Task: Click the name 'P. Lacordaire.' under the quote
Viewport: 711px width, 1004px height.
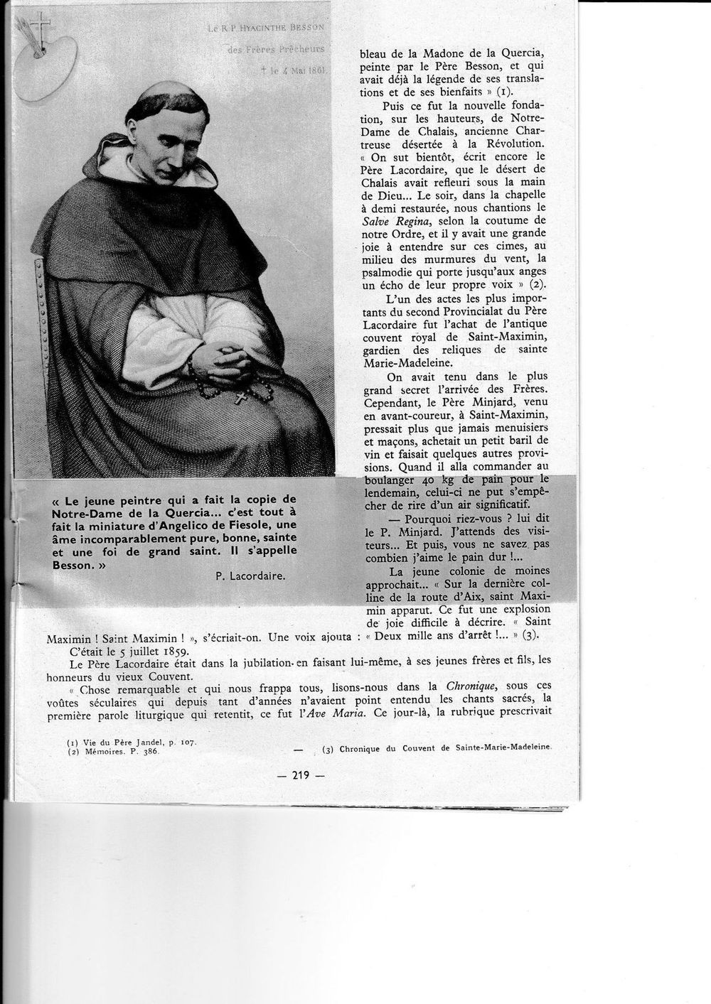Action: [250, 577]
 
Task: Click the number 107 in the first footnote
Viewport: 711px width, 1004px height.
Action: [186, 742]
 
